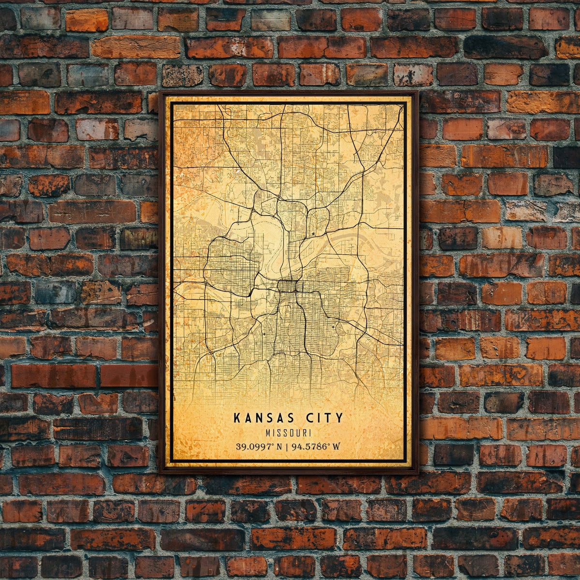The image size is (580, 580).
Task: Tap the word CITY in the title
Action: [x=325, y=418]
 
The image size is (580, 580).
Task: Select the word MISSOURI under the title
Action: [x=289, y=433]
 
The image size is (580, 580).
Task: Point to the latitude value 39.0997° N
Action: [x=259, y=446]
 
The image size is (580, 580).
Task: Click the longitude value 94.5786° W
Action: [x=315, y=446]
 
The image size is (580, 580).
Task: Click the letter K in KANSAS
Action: [x=237, y=418]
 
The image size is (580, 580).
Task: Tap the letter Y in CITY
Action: [x=340, y=418]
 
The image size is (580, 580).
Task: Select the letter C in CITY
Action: [x=309, y=418]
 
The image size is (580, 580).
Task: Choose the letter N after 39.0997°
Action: [x=279, y=446]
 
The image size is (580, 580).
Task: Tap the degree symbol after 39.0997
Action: [x=273, y=444]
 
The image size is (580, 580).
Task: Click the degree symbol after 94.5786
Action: [x=329, y=444]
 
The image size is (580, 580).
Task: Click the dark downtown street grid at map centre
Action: [x=288, y=287]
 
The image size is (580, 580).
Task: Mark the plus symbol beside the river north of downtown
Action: [x=314, y=234]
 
